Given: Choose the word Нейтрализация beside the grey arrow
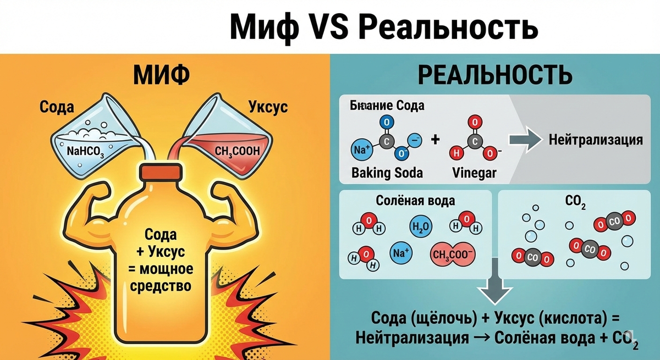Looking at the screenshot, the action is [x=595, y=140].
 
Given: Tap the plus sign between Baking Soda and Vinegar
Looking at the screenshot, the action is [x=436, y=140].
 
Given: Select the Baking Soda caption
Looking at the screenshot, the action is [x=387, y=173].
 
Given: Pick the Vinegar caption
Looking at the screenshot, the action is [x=474, y=173].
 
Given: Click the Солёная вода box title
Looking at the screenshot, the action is [x=416, y=200].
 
